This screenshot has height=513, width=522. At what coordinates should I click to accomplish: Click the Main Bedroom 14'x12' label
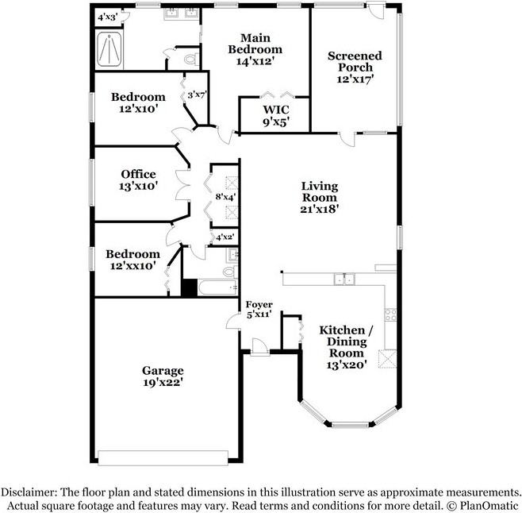click(x=255, y=49)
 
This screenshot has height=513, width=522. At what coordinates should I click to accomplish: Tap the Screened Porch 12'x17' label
click(x=355, y=67)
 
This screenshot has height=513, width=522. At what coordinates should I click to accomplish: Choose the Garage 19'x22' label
click(x=163, y=376)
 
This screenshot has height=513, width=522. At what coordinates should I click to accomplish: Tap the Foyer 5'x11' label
click(x=259, y=309)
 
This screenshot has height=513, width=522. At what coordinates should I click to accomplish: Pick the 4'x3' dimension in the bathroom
click(x=107, y=16)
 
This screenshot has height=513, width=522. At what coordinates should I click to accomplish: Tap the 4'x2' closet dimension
click(x=225, y=236)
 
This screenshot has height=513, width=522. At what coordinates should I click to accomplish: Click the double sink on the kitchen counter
click(x=344, y=279)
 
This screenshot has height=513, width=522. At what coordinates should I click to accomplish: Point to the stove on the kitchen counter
click(x=390, y=313)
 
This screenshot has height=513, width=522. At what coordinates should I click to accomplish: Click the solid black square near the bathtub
click(x=189, y=287)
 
